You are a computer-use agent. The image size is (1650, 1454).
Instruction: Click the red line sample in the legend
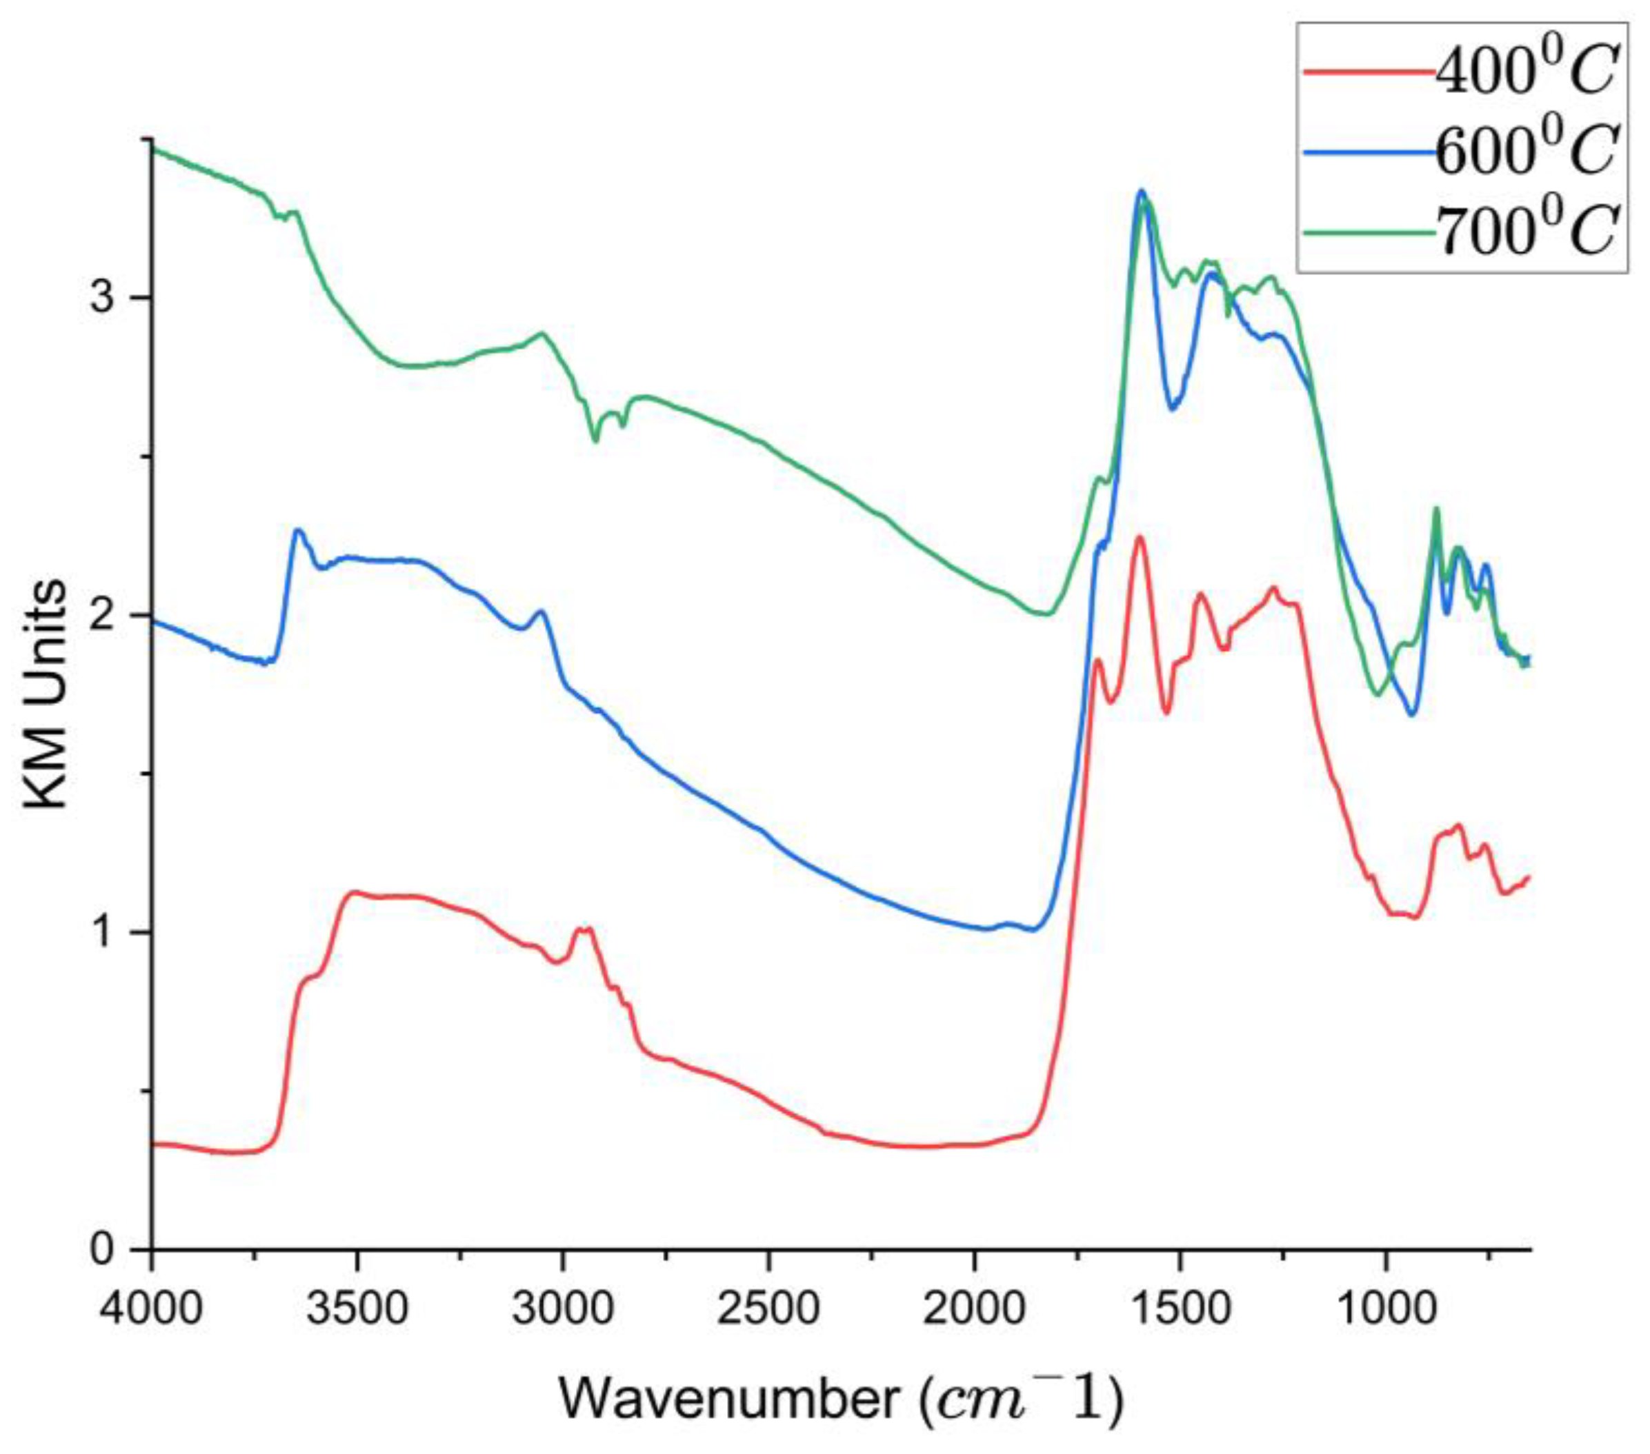1369,72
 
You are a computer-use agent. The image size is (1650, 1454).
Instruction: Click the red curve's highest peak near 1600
1140,536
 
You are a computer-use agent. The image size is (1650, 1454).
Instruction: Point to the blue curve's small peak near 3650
298,530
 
